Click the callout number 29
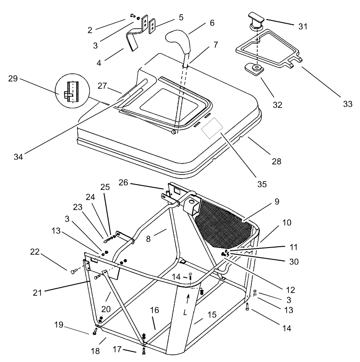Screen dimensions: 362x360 13,78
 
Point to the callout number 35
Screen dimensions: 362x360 261,184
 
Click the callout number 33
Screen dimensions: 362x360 348,103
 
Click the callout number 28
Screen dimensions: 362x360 277,161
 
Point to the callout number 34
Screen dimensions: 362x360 19,157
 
